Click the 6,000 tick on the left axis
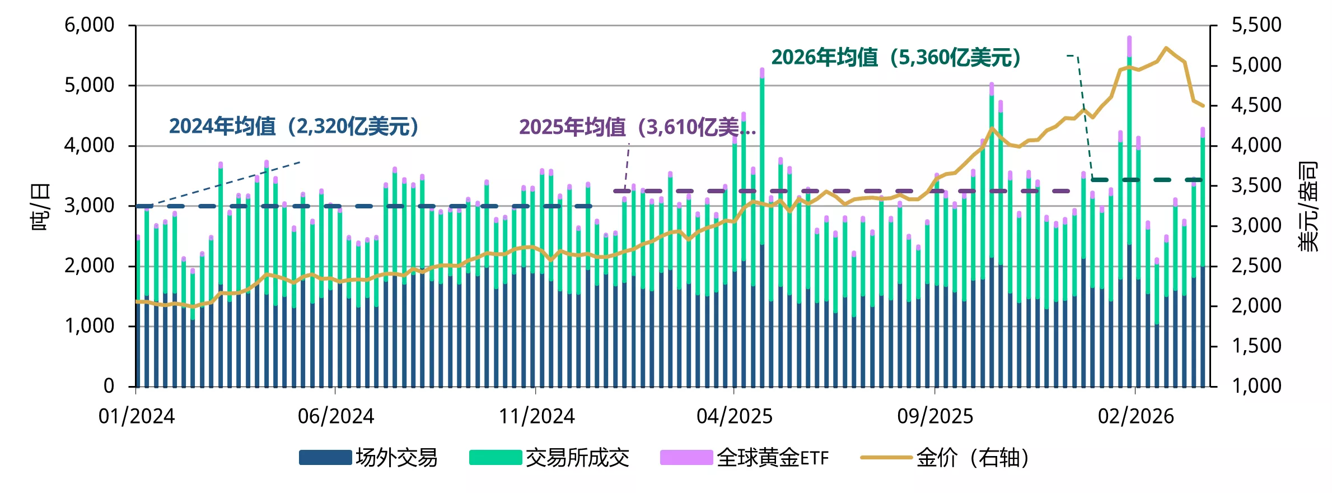[x=89, y=25]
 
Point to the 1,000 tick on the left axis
[x=89, y=326]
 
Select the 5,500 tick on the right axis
[x=1256, y=25]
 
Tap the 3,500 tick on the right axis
[x=1256, y=185]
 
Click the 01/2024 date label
[x=136, y=416]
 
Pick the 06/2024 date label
[x=335, y=416]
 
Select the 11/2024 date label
[x=536, y=416]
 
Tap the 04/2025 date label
[x=734, y=416]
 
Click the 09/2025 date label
[x=935, y=416]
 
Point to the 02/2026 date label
[x=1135, y=416]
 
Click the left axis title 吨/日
[x=40, y=206]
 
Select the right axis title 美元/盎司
[x=1308, y=206]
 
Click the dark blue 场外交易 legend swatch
[x=325, y=458]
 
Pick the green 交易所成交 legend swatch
[x=496, y=458]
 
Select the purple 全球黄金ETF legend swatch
[x=686, y=458]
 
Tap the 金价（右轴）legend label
[x=973, y=458]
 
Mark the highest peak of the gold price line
[x=1166, y=48]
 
